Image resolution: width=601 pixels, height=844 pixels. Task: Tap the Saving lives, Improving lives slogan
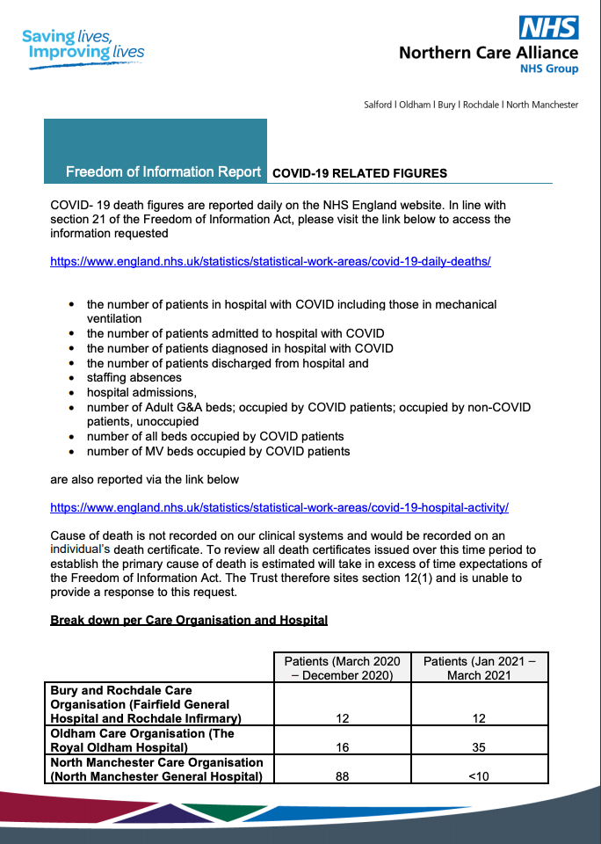[x=83, y=45]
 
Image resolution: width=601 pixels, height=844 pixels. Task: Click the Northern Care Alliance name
[x=489, y=52]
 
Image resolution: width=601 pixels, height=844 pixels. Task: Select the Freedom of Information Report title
[x=163, y=171]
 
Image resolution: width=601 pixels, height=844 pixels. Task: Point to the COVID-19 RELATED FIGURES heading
[x=359, y=173]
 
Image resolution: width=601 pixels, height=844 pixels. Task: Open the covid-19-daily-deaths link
[x=270, y=261]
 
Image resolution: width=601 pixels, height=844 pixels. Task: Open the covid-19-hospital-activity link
[x=279, y=507]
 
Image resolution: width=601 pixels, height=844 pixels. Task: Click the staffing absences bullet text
[x=134, y=377]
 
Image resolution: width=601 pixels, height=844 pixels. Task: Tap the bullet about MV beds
[x=218, y=451]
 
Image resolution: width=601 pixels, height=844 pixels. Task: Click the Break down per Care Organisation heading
[x=189, y=620]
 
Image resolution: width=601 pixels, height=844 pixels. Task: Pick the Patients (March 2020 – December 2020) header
[x=342, y=667]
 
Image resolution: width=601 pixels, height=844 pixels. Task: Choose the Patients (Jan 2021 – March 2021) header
[x=479, y=667]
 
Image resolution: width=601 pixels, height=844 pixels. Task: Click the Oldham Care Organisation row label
[x=142, y=740]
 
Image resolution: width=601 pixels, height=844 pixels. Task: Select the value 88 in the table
[x=343, y=776]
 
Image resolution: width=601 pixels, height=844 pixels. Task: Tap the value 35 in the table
[x=480, y=747]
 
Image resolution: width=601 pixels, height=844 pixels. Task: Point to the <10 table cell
[x=480, y=776]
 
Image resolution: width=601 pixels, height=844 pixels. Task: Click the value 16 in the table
[x=343, y=747]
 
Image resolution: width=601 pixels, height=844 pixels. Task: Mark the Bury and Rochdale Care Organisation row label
[x=140, y=704]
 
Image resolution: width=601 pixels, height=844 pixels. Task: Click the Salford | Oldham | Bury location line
[x=471, y=105]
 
